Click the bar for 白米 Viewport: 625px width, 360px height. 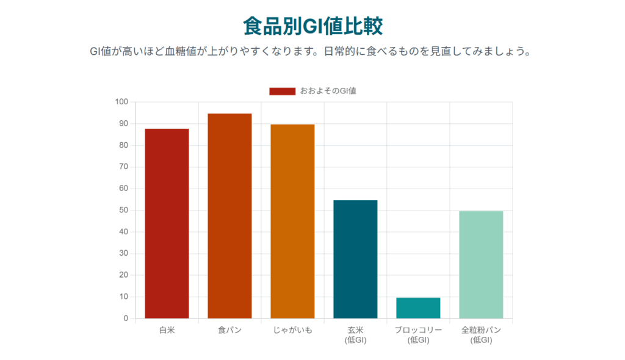pos(167,223)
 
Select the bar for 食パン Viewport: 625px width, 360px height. pos(229,216)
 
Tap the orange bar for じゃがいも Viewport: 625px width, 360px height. pos(292,221)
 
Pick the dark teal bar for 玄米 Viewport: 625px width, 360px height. pos(355,259)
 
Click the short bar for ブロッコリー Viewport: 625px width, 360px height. pos(418,308)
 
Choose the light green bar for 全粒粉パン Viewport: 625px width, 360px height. pos(481,264)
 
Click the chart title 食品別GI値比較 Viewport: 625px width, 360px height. pos(312,27)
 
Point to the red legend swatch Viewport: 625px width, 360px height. pos(282,91)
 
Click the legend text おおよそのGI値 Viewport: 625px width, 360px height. pos(328,91)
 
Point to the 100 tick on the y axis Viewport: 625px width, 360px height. pos(121,102)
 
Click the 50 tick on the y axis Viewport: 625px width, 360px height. pos(123,211)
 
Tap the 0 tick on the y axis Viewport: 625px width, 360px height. pos(126,319)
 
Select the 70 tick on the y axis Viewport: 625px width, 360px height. pos(123,167)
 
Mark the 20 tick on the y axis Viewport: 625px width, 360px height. pos(123,275)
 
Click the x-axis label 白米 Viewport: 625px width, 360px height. pos(167,331)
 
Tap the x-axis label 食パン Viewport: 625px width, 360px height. pos(229,331)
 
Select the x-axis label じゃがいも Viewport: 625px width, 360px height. pos(292,331)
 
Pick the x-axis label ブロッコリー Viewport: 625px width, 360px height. pos(418,331)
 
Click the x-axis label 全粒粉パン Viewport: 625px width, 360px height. pos(481,331)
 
